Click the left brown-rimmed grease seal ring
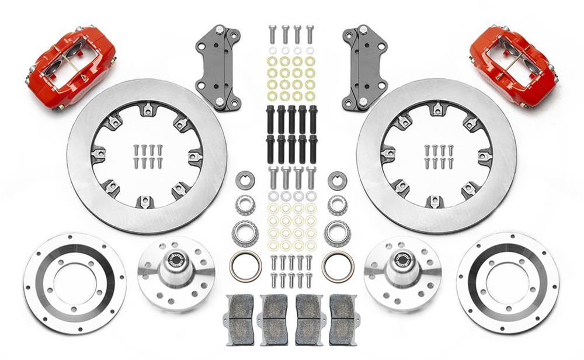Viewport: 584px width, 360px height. (x=245, y=266)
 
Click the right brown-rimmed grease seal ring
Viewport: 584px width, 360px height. (x=338, y=266)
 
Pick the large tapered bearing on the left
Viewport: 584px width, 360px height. (x=245, y=233)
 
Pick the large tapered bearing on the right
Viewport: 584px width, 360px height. (x=338, y=233)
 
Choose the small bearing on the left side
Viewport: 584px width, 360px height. (x=245, y=205)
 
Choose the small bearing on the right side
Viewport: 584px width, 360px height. (x=338, y=205)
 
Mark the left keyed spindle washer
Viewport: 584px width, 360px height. (x=245, y=180)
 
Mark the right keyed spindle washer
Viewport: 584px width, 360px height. (x=338, y=180)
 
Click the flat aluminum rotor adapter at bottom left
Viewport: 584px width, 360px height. (x=75, y=283)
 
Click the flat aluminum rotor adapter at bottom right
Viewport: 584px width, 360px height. (x=507, y=283)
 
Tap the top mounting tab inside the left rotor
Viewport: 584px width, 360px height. (x=147, y=109)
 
